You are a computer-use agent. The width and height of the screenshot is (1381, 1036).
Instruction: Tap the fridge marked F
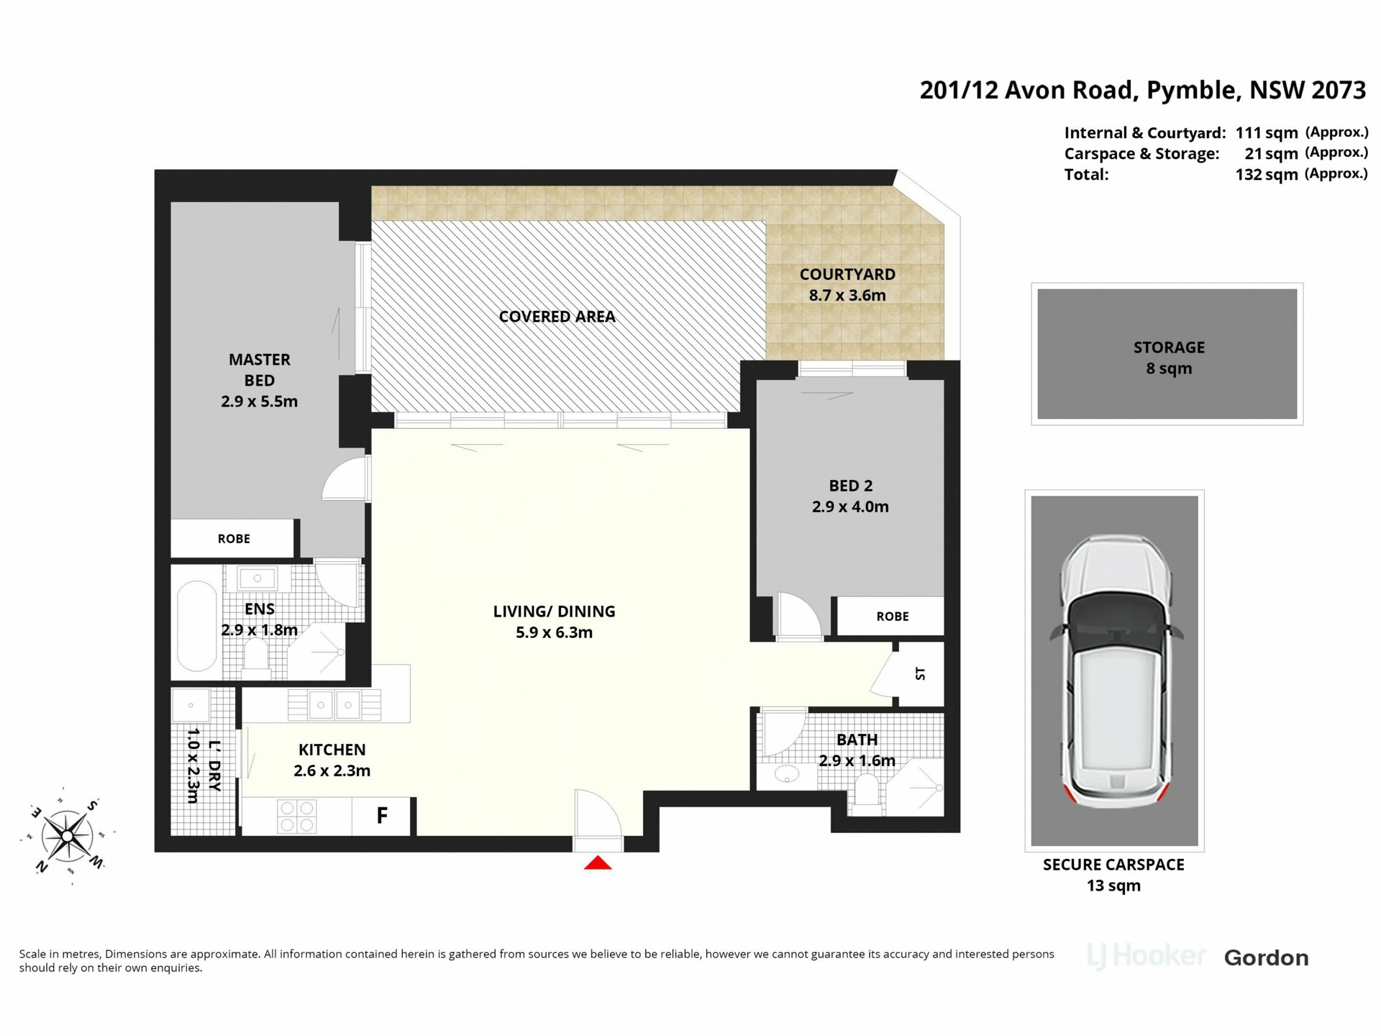click(381, 816)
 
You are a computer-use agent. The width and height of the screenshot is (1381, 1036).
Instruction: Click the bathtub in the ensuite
click(196, 626)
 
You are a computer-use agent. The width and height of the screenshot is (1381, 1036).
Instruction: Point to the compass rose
click(67, 836)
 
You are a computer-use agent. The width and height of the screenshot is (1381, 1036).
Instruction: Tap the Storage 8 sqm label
click(1169, 358)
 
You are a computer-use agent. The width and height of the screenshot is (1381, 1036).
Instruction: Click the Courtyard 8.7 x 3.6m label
click(847, 284)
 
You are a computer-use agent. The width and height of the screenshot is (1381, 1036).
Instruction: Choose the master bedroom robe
click(233, 538)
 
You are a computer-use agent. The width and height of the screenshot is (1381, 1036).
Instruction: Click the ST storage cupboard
click(918, 674)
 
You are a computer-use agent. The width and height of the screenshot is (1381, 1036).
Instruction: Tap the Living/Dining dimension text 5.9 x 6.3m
click(554, 632)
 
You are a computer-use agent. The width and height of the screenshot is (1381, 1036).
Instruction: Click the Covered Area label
click(557, 317)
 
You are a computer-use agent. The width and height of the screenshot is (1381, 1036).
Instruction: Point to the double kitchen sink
click(334, 705)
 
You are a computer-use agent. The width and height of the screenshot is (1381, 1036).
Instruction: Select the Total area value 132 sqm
click(1267, 174)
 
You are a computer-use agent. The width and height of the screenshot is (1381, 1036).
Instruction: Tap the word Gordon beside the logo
click(1266, 958)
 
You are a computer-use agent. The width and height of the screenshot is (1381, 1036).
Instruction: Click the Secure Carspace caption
click(1113, 865)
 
